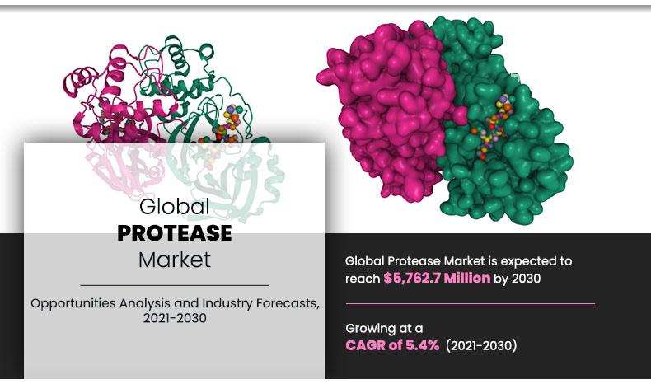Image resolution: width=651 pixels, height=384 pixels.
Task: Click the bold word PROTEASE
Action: tap(174, 233)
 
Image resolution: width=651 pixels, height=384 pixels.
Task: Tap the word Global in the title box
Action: tap(174, 206)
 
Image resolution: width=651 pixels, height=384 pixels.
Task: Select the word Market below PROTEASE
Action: tap(174, 260)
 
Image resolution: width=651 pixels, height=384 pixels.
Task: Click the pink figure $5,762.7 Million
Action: tap(437, 279)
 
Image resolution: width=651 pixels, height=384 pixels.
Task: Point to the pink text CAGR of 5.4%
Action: tap(392, 345)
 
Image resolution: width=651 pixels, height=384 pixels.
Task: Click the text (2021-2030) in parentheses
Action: tap(481, 345)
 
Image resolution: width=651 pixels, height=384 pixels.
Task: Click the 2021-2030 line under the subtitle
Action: tap(174, 318)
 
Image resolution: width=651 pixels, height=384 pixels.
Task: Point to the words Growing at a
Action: tap(384, 328)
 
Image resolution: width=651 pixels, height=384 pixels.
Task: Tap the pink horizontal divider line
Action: tap(470, 303)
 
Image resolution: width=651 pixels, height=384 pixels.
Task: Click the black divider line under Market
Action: tap(174, 284)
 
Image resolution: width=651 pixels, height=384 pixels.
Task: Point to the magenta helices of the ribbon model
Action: tap(91, 91)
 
